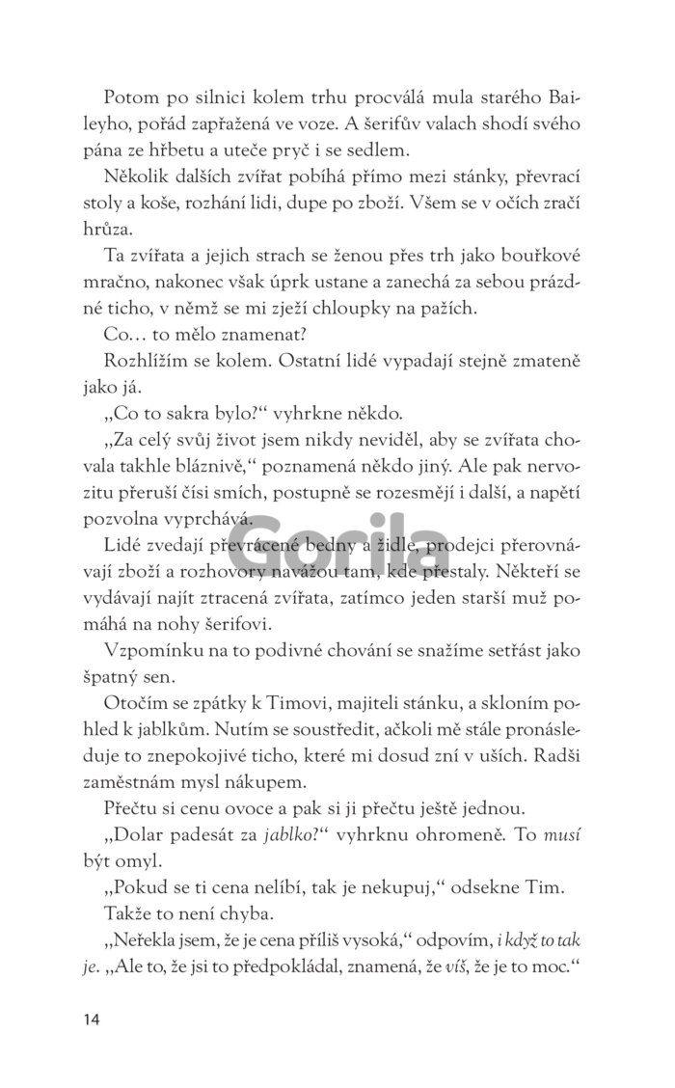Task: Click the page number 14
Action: point(91,1020)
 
